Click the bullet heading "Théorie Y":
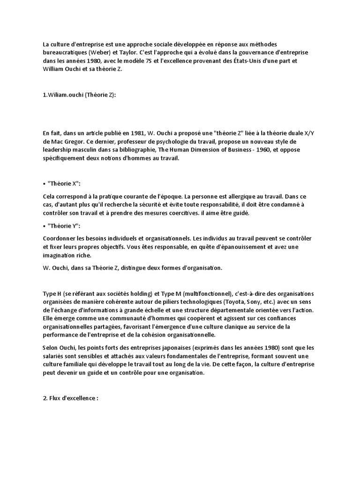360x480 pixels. pyautogui.click(x=63, y=226)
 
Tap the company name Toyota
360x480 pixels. pyautogui.click(x=234, y=301)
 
